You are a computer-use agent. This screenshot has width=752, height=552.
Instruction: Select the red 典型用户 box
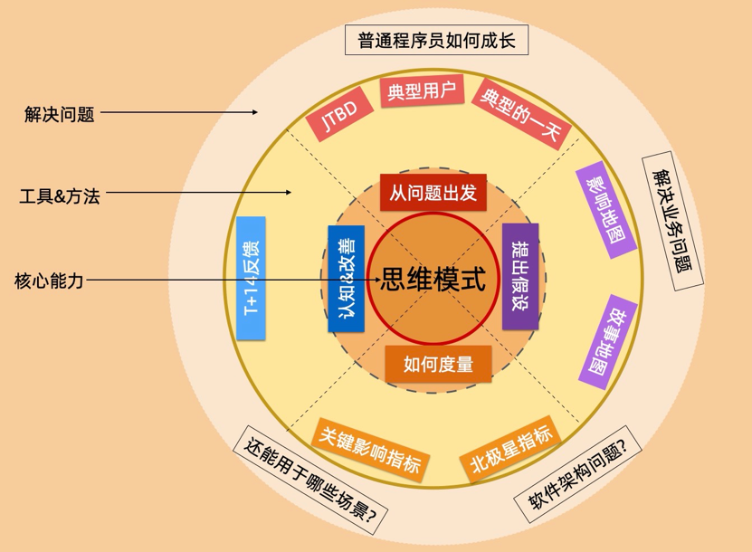pos(422,91)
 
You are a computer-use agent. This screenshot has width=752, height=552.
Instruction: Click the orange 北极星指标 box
pos(510,450)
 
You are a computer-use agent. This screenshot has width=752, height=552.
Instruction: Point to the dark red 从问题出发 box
pos(433,192)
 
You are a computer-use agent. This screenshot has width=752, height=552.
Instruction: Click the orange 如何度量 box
pos(438,364)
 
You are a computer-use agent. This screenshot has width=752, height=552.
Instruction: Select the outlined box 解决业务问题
pos(673,220)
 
